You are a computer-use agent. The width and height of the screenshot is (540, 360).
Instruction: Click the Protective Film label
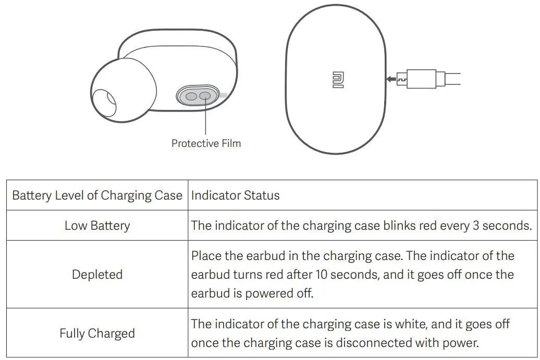pos(206,143)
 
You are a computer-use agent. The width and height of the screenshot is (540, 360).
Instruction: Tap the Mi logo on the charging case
pos(338,79)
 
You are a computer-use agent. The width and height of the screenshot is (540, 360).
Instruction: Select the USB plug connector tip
pos(402,80)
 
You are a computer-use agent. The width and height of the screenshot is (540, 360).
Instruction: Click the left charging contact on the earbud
pos(191,96)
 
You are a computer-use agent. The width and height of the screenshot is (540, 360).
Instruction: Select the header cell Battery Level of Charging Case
pos(97,195)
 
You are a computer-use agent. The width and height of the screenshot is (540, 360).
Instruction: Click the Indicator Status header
pos(235,195)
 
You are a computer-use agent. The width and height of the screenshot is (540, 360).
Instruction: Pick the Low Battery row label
pos(97,226)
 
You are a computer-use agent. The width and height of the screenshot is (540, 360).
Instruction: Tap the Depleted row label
pos(97,275)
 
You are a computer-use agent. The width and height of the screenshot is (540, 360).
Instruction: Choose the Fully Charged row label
pos(97,333)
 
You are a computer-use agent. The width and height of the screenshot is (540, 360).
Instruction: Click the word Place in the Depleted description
pos(205,256)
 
